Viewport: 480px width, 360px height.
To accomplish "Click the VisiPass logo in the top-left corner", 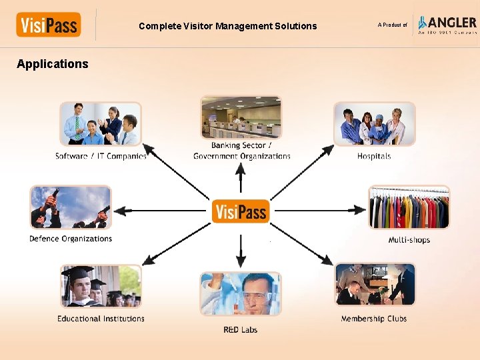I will [x=48, y=25].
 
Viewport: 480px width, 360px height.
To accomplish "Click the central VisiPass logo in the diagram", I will [x=241, y=211].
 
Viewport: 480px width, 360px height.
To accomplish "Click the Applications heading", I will [x=53, y=64].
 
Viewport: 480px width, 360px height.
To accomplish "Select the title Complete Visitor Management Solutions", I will [x=228, y=26].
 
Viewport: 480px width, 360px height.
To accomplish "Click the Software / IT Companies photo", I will [x=101, y=124].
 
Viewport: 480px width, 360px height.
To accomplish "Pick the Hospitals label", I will [x=374, y=156].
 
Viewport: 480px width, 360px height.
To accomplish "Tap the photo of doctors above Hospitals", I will [x=374, y=124].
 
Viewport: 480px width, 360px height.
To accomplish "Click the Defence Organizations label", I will [x=71, y=239].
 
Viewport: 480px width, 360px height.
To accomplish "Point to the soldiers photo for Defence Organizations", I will [x=71, y=207].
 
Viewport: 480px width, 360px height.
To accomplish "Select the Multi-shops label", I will [x=409, y=240].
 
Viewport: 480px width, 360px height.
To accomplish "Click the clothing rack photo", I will [x=409, y=207].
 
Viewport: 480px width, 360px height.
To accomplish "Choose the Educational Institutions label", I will [x=101, y=319].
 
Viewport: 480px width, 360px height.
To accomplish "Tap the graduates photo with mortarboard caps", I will [x=101, y=287].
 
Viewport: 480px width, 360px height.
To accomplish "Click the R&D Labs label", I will [x=241, y=330].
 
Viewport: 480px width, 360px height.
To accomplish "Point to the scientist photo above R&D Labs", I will [x=241, y=294].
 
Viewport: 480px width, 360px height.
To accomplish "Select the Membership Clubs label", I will [x=374, y=319].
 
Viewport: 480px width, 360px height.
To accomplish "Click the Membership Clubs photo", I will [x=374, y=285].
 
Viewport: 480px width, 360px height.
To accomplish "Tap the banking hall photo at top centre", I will [x=241, y=118].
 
